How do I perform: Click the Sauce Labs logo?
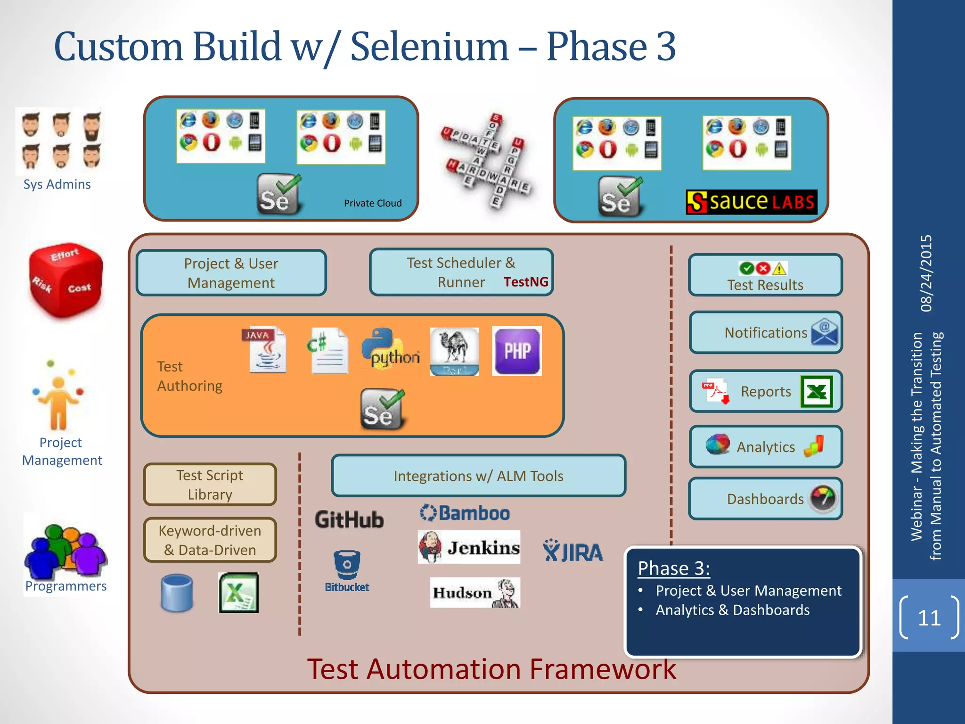pyautogui.click(x=751, y=202)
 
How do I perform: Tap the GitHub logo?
pyautogui.click(x=349, y=519)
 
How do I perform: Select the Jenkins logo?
pyautogui.click(x=469, y=547)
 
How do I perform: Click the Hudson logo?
pyautogui.click(x=475, y=592)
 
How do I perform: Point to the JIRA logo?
pyautogui.click(x=572, y=551)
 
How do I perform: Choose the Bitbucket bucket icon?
pyautogui.click(x=347, y=565)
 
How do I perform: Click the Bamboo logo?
pyautogui.click(x=465, y=513)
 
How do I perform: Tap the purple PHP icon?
pyautogui.click(x=517, y=351)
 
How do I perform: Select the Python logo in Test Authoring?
pyautogui.click(x=390, y=349)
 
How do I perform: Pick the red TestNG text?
pyautogui.click(x=526, y=282)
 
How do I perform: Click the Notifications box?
pyautogui.click(x=765, y=333)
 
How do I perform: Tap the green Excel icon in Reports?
pyautogui.click(x=817, y=391)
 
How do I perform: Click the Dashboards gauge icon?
pyautogui.click(x=823, y=498)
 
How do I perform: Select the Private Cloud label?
pyautogui.click(x=373, y=203)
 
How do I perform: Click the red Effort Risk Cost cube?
pyautogui.click(x=65, y=280)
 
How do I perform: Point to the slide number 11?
pyautogui.click(x=929, y=617)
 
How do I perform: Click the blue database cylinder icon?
pyautogui.click(x=177, y=593)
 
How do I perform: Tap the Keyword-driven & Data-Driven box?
pyautogui.click(x=210, y=540)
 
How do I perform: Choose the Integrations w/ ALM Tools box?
pyautogui.click(x=478, y=476)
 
